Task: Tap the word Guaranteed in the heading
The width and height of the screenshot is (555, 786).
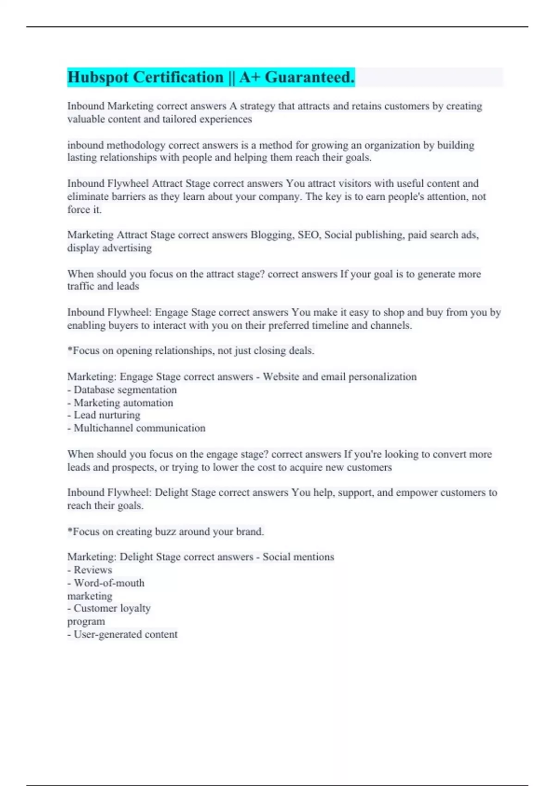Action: (309, 77)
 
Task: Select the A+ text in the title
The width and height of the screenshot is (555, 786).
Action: (250, 77)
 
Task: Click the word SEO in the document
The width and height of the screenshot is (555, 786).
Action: (308, 235)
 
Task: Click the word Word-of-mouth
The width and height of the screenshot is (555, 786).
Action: (109, 583)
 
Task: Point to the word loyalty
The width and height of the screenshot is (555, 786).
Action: (135, 608)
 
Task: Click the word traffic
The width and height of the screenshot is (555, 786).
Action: (81, 286)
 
